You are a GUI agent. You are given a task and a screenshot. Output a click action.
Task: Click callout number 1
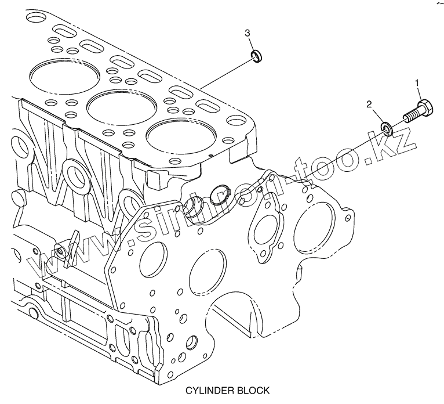coord(417,83)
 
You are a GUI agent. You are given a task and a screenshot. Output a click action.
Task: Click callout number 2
coord(369,104)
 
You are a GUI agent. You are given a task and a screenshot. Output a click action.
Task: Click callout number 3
coord(247,33)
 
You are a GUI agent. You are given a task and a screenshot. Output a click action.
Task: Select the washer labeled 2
coord(387,128)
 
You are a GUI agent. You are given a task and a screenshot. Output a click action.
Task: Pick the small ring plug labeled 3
coord(257,56)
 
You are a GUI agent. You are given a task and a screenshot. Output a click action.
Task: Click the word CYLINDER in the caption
coord(209,391)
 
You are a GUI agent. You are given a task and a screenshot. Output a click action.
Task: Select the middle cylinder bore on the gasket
coord(122,107)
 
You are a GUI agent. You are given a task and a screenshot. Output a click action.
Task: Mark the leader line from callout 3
coord(226,73)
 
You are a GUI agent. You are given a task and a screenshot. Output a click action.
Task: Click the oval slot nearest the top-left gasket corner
coord(63,30)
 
